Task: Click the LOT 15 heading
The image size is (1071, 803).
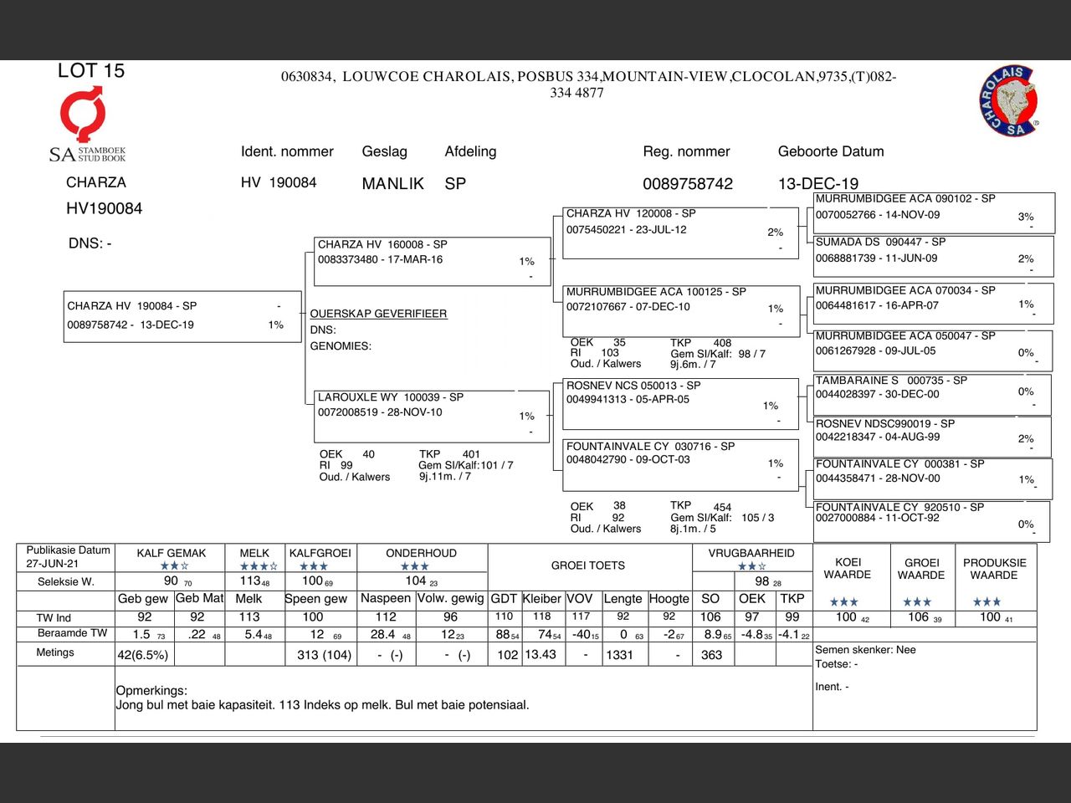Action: point(91,71)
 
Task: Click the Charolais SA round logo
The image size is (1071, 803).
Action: point(1009,101)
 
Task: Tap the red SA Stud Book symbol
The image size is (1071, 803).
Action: point(83,115)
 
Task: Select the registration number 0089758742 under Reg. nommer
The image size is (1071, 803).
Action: point(688,184)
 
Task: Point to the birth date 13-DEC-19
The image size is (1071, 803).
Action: point(817,184)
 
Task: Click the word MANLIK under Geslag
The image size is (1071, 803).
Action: point(392,184)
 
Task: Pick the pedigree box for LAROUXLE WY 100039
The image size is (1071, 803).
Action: point(430,416)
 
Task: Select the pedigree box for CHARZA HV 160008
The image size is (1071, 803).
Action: point(430,262)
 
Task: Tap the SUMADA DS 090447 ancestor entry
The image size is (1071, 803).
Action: point(933,255)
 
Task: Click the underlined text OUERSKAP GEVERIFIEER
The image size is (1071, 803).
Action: point(378,314)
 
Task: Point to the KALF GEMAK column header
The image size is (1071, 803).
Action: point(172,553)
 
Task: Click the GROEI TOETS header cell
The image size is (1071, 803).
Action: point(588,565)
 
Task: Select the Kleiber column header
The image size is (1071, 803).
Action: point(542,599)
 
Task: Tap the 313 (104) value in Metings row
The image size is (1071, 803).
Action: point(324,655)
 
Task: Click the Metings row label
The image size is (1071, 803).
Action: point(55,652)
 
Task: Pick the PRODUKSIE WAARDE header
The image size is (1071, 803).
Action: point(994,569)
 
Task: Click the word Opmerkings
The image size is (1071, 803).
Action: point(151,691)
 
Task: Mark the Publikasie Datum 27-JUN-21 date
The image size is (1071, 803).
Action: point(52,564)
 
